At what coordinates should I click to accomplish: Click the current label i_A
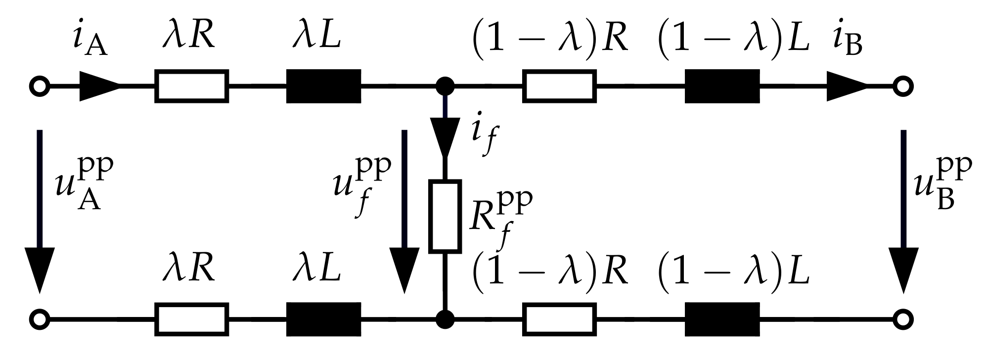[90, 44]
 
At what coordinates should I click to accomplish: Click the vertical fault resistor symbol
[445, 216]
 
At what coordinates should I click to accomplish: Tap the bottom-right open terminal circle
[903, 318]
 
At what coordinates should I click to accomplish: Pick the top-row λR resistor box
[192, 87]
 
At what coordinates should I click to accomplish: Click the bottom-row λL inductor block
[324, 319]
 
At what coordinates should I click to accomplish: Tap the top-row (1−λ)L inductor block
[722, 87]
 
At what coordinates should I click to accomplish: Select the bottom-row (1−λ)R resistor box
[559, 319]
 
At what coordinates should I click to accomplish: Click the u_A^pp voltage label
[84, 183]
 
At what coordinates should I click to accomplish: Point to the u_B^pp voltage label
[942, 183]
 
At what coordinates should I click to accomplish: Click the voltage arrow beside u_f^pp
[404, 213]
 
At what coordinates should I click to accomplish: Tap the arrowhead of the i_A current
[99, 87]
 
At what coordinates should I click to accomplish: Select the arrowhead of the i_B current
[847, 87]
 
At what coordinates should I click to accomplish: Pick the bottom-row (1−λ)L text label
[733, 271]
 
